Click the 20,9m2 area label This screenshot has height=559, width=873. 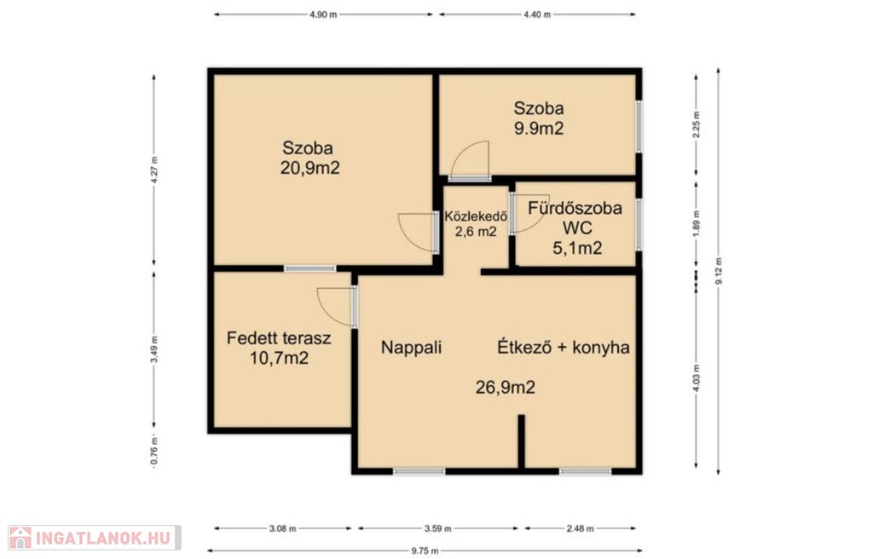[309, 168]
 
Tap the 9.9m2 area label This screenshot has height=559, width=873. [539, 129]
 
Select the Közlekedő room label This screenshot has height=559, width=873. [476, 216]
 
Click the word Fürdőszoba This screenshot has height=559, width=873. [575, 208]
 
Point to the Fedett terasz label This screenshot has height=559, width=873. [279, 338]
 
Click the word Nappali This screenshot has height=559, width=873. [411, 348]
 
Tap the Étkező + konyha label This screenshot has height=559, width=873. [563, 348]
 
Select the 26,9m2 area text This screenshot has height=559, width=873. [505, 387]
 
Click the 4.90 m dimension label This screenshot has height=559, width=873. [323, 15]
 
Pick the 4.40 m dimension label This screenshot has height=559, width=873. [537, 15]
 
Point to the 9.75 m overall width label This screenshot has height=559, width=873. [425, 551]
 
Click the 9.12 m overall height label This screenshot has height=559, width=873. [719, 271]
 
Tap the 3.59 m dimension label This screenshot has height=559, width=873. [437, 528]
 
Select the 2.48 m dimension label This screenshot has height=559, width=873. [580, 528]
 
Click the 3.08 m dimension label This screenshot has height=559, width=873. [282, 528]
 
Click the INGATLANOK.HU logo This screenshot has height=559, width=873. [94, 538]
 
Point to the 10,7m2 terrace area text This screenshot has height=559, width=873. [279, 358]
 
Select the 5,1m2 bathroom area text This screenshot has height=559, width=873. [577, 248]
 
